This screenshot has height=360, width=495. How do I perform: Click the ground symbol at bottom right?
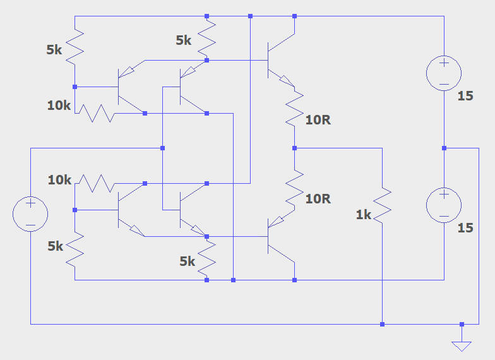pos(462,345)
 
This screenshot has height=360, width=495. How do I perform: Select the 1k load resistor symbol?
pos(382,203)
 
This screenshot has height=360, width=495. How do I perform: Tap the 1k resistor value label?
pos(364,215)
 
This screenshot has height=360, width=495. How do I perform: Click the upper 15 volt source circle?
pos(444,73)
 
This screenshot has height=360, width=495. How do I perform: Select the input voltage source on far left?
pos(30,213)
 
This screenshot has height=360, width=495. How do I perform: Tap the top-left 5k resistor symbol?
pos(75,48)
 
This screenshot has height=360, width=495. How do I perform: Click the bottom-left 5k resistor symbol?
pos(75,249)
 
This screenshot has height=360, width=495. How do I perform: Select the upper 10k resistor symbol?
pos(95,114)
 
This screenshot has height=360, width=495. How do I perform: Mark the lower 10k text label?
pos(60,180)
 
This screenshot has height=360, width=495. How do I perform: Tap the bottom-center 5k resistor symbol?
pos(207,259)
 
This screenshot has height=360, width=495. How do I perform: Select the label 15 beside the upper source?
pos(465,97)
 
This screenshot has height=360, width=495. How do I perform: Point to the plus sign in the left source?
pos(30,205)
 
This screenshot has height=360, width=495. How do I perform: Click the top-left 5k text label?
pos(54,49)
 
